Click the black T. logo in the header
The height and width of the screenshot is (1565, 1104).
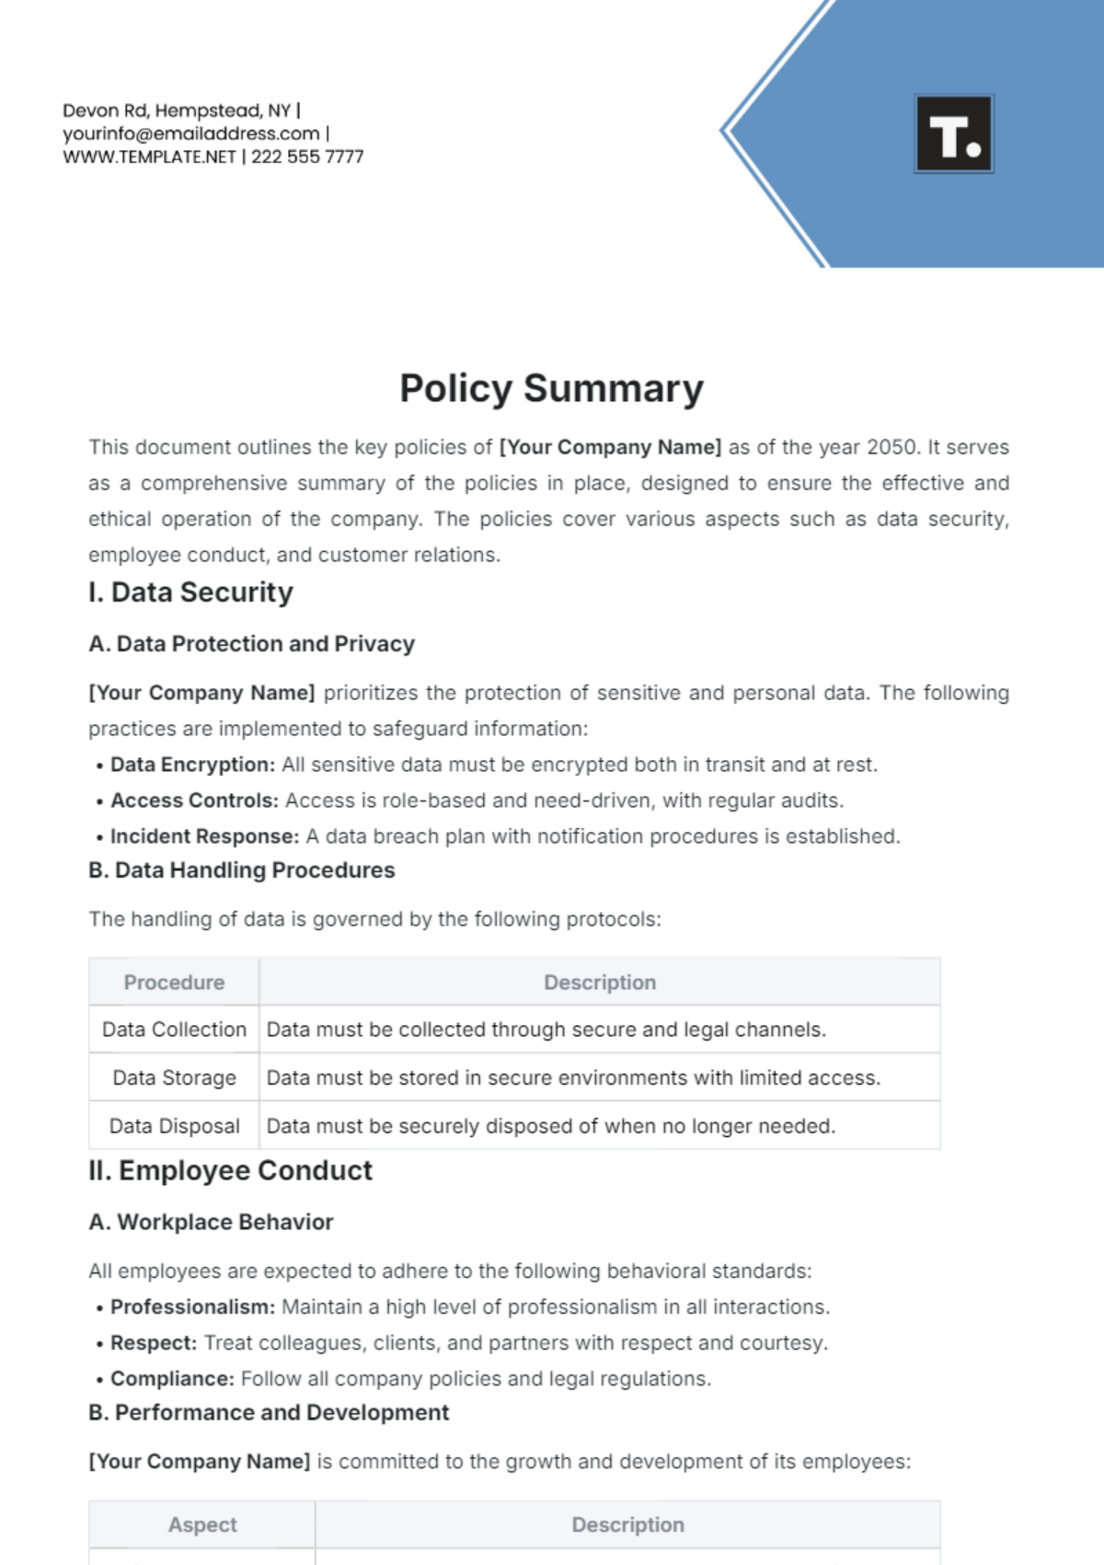click(x=954, y=134)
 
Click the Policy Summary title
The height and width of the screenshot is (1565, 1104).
click(x=551, y=388)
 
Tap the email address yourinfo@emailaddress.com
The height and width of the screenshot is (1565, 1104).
click(x=190, y=133)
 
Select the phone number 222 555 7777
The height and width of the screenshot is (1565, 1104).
click(x=307, y=157)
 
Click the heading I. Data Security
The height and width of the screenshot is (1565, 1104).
click(x=190, y=593)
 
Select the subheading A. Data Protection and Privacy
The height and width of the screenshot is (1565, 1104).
click(x=251, y=644)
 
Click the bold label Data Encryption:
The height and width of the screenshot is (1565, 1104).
click(x=192, y=765)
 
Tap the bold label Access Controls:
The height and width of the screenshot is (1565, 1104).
click(x=194, y=800)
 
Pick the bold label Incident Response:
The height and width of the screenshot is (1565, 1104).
click(x=204, y=836)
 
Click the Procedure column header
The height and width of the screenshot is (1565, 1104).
click(x=174, y=983)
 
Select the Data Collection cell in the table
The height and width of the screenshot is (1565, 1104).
click(x=174, y=1030)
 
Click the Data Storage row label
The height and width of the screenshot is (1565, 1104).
click(x=174, y=1078)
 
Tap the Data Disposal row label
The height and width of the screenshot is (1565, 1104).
click(x=174, y=1126)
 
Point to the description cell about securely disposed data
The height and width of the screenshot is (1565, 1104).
click(x=550, y=1126)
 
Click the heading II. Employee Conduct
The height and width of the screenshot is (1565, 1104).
click(x=230, y=1171)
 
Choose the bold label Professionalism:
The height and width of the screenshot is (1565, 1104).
click(x=192, y=1307)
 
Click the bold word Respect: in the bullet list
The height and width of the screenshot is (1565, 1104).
click(x=154, y=1343)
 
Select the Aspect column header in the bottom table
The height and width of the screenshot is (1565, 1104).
click(x=202, y=1525)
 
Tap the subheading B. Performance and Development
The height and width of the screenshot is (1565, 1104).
click(x=269, y=1413)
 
